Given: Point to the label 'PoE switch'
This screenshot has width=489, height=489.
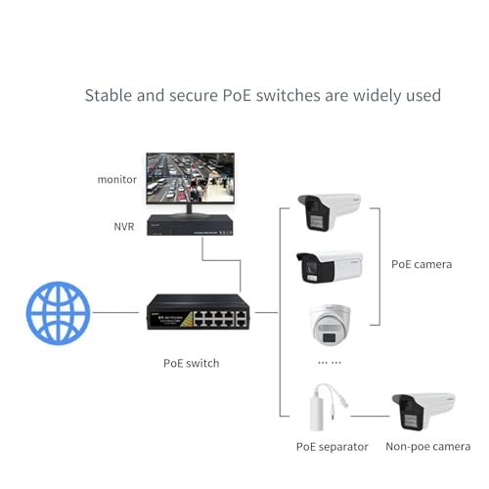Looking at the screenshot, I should tap(191, 363).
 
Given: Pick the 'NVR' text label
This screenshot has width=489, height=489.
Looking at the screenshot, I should tap(123, 226).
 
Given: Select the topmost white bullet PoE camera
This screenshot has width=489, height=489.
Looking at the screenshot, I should tap(330, 210).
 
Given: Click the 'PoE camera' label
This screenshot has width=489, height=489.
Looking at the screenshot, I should tap(421, 263).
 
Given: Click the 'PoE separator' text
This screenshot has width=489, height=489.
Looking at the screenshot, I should tap(332, 446).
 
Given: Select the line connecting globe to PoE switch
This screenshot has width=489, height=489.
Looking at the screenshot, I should tap(117, 314).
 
